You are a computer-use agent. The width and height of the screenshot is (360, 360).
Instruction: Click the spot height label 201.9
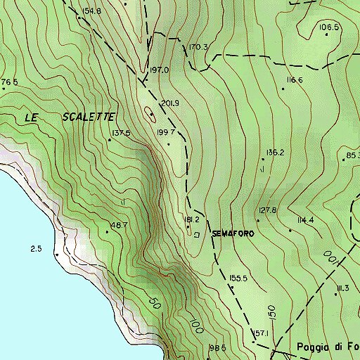170,103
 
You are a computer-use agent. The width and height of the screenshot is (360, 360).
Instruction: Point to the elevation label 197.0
160,70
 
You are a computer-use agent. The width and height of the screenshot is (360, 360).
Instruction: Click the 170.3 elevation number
199,47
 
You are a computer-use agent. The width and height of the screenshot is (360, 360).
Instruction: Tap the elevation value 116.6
295,80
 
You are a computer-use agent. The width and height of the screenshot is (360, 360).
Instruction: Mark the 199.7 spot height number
166,132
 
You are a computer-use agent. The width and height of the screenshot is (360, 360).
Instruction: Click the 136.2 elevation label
274,152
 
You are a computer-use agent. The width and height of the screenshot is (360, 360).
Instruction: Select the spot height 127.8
268,210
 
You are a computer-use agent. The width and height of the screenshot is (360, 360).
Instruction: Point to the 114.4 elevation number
305,220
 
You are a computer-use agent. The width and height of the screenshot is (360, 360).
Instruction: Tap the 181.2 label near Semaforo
193,220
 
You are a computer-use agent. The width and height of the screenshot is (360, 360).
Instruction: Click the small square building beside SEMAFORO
197,234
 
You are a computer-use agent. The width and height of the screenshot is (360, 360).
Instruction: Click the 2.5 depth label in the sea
37,249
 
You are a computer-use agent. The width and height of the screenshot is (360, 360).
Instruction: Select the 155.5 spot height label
239,278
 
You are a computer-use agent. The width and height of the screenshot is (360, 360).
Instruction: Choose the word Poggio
313,347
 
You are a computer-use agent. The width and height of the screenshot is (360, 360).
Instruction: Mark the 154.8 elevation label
91,11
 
